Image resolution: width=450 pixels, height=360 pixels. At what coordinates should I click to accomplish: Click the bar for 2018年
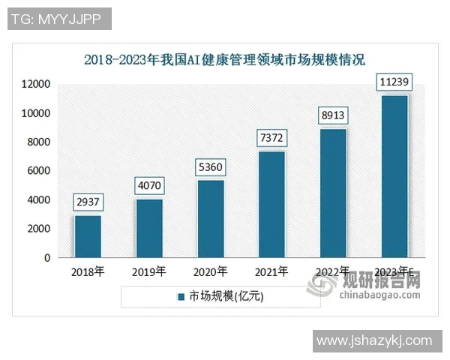pyautogui.click(x=88, y=237)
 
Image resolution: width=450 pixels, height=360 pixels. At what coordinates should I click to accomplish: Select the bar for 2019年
pyautogui.click(x=149, y=229)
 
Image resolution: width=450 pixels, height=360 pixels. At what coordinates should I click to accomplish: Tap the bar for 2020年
pyautogui.click(x=211, y=219)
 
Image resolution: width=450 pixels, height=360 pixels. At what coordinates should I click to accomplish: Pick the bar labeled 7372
pyautogui.click(x=271, y=205)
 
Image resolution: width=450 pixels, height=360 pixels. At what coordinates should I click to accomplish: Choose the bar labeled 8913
pyautogui.click(x=333, y=193)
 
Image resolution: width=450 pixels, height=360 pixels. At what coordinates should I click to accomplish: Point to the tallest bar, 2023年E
pyautogui.click(x=394, y=176)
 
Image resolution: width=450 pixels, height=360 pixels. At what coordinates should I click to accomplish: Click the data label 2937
pyautogui.click(x=88, y=202)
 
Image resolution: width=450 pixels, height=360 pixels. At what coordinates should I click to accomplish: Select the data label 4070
pyautogui.click(x=149, y=185)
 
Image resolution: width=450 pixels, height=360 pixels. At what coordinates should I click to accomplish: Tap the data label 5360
pyautogui.click(x=211, y=166)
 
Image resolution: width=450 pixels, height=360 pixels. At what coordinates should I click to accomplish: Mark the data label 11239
pyautogui.click(x=394, y=82)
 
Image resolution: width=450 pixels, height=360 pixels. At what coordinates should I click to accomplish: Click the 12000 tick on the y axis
pyautogui.click(x=36, y=84)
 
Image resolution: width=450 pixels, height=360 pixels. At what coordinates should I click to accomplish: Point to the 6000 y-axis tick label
pyautogui.click(x=39, y=171)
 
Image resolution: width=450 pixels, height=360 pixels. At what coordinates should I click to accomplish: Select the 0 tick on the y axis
pyautogui.click(x=46, y=258)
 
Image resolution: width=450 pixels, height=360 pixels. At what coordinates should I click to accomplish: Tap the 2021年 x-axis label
pyautogui.click(x=271, y=271)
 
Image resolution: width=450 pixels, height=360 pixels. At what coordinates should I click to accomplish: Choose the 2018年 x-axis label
pyautogui.click(x=88, y=271)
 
